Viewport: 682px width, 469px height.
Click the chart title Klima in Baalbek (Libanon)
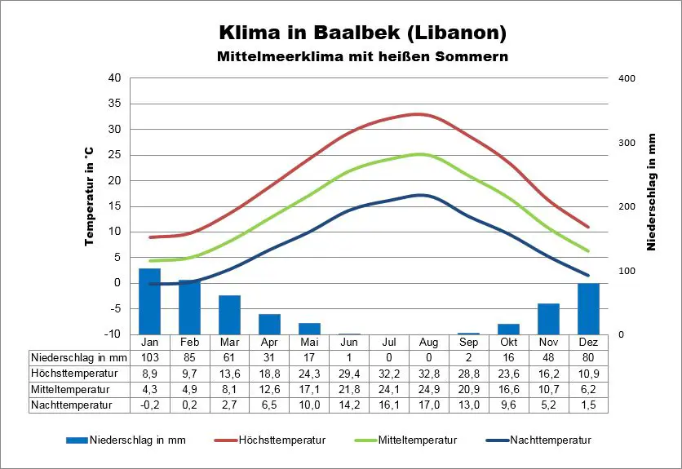(x=363, y=33)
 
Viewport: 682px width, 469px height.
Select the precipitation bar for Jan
(x=149, y=301)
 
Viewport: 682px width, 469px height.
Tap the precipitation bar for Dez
(x=588, y=308)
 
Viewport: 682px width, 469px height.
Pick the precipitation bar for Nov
(x=548, y=319)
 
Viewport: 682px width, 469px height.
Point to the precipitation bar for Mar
(x=229, y=315)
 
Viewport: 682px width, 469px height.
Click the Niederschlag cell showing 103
(x=149, y=357)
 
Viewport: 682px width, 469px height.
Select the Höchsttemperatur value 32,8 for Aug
(x=428, y=373)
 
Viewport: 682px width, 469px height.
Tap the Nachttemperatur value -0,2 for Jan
(x=149, y=404)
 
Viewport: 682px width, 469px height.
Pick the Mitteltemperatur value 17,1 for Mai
(x=309, y=388)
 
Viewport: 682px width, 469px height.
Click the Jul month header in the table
(x=388, y=342)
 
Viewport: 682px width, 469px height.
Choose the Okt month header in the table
(x=508, y=342)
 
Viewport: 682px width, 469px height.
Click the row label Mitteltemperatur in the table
(x=71, y=388)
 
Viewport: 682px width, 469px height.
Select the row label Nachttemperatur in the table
(x=72, y=404)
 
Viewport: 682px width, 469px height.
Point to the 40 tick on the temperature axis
(x=114, y=78)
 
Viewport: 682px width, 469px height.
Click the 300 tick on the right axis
(x=627, y=143)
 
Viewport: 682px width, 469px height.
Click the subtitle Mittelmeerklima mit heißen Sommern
(x=363, y=57)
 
